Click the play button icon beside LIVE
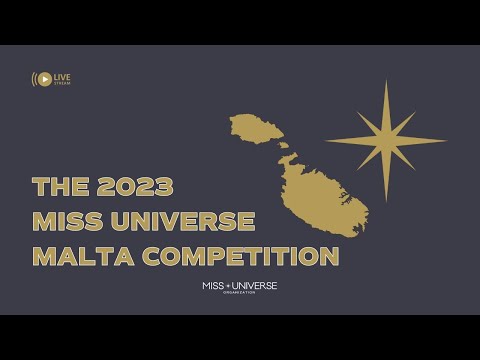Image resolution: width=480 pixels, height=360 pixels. [x=43, y=79]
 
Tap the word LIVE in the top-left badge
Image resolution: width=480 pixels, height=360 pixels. [x=62, y=76]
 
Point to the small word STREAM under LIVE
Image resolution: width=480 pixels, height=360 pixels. [x=62, y=83]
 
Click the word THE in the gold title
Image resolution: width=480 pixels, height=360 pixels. [x=54, y=187]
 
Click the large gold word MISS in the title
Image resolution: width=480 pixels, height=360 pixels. [x=74, y=222]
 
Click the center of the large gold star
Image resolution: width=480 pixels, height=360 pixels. [x=386, y=140]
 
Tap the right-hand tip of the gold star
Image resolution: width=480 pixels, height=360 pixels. [x=446, y=140]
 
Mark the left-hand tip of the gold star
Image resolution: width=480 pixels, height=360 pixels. [x=326, y=140]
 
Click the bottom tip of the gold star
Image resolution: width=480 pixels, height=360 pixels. [x=386, y=200]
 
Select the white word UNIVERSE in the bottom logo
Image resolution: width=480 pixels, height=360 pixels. [x=253, y=286]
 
